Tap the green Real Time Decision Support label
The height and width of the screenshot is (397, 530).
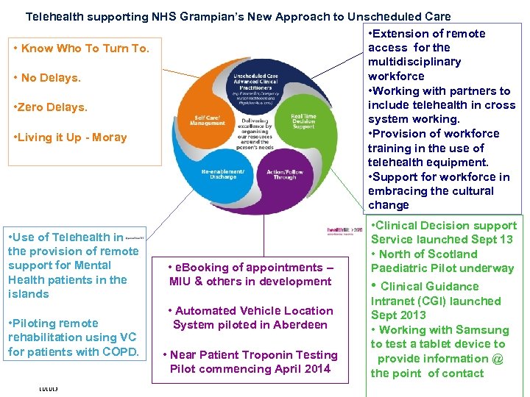coord(304,121)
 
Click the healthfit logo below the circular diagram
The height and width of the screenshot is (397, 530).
coord(344,231)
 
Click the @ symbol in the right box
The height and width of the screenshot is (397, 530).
coord(498,359)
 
